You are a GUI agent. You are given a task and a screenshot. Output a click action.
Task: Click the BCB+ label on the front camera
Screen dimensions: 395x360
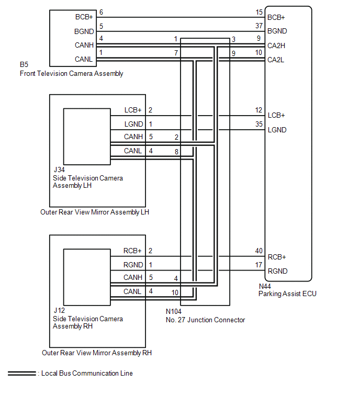[x=84, y=17]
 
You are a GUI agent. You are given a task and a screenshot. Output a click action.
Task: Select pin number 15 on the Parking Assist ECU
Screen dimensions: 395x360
[x=258, y=12]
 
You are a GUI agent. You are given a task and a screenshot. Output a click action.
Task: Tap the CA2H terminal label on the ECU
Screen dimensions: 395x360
[x=276, y=46]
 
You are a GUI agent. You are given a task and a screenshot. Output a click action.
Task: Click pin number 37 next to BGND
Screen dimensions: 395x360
[x=258, y=26]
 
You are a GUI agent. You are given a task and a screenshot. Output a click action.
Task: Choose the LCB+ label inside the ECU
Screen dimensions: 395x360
[x=276, y=115]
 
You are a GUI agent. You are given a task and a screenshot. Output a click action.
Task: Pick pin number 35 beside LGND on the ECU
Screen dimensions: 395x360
[x=258, y=124]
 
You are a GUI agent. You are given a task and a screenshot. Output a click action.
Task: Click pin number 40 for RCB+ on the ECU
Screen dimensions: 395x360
[x=258, y=252]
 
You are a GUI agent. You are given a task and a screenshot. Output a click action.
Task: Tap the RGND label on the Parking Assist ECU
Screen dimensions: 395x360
[x=277, y=272]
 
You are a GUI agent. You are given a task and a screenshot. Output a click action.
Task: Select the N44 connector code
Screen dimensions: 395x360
[x=265, y=286]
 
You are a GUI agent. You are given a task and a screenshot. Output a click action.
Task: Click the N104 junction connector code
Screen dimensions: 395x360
[x=174, y=312]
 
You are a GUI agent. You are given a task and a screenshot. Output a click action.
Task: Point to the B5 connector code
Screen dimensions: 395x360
[x=24, y=65]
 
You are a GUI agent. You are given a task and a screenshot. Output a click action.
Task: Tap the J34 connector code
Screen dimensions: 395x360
[x=59, y=170]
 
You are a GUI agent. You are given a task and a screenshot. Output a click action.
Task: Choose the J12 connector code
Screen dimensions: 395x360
[x=59, y=311]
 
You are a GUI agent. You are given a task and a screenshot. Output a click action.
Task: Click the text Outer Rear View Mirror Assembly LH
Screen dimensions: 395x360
[x=94, y=212]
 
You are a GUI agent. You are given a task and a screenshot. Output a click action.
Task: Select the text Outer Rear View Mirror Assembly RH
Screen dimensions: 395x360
[x=97, y=353]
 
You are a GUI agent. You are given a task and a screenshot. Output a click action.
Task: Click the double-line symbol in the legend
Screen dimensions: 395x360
[x=21, y=374]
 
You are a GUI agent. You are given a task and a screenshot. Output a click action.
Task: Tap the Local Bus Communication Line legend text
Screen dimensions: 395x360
[x=86, y=374]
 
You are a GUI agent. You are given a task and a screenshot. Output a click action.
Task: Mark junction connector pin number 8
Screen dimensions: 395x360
[x=176, y=151]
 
